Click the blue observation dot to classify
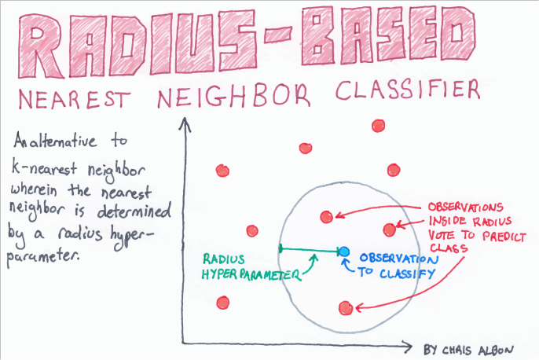pos(343,252)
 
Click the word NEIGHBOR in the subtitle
pos(248,97)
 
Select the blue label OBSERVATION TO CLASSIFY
pos(396,265)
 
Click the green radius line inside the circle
pos(311,251)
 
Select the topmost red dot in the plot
pos(378,125)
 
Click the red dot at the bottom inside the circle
pos(343,307)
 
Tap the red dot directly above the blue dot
pos(326,216)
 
